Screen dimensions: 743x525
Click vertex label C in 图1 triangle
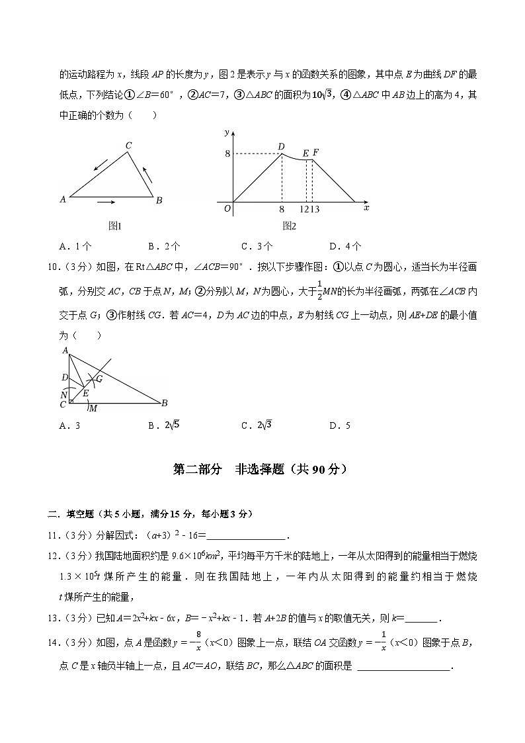(x=129, y=146)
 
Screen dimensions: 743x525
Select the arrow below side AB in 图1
(x=106, y=201)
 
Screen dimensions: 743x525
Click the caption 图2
(x=289, y=226)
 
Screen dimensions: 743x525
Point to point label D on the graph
(x=281, y=147)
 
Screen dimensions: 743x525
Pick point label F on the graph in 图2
(x=315, y=153)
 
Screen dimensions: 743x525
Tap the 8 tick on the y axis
(x=227, y=154)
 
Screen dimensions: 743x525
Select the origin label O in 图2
(x=227, y=208)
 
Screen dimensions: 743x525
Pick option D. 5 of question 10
(x=340, y=425)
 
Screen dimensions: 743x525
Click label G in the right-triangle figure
(x=99, y=378)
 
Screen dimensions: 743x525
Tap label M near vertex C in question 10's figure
(x=93, y=408)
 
